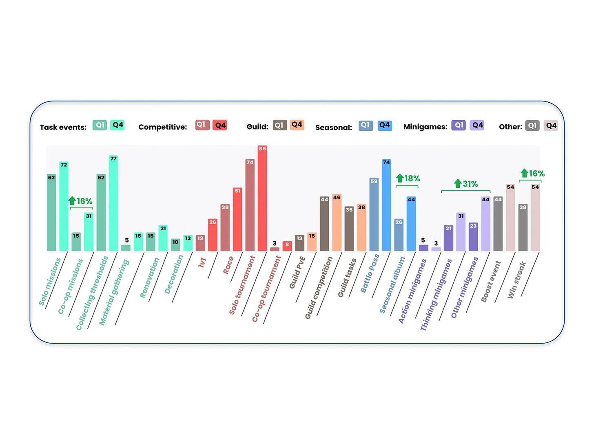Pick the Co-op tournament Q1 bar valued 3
pos(275,249)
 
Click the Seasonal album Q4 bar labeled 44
pos(411,224)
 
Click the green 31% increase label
pos(466,184)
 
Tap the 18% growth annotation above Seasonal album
pos(408,178)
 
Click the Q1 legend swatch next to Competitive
pos(202,125)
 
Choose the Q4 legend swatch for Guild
pos(297,125)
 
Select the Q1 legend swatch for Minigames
pos(459,125)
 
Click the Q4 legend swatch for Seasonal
pos(384,125)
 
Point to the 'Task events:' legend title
pos(63,127)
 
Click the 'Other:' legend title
pos(510,127)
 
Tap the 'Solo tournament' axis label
pos(242,285)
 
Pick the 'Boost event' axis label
pos(490,282)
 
